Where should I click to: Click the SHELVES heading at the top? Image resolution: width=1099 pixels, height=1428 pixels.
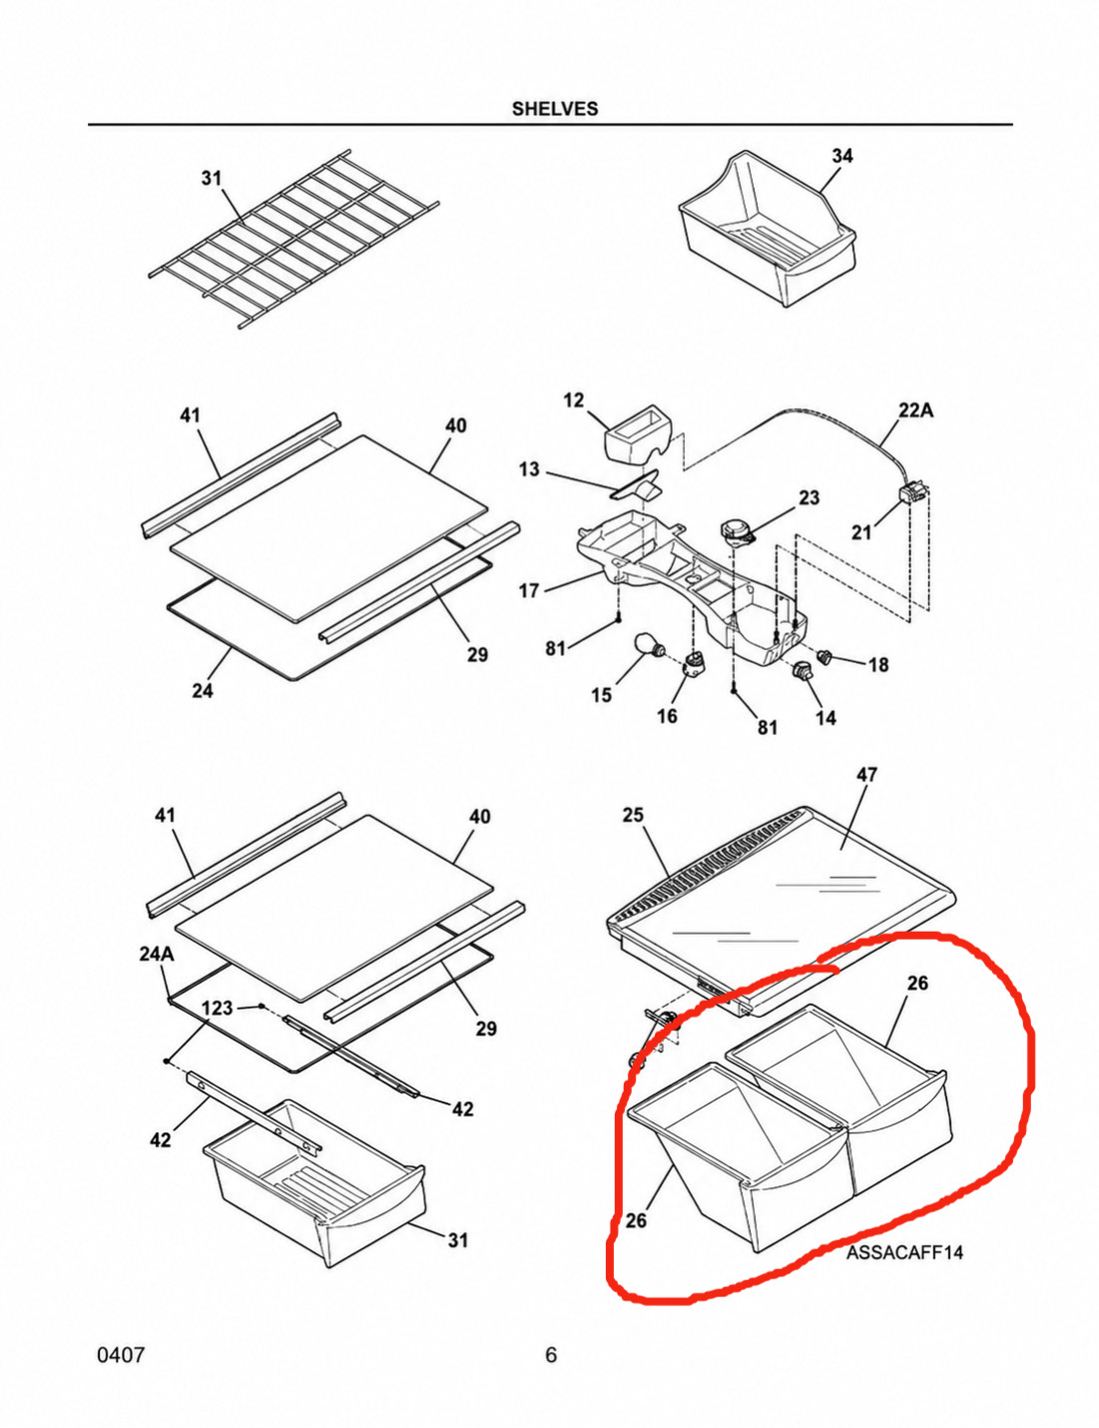click(x=555, y=109)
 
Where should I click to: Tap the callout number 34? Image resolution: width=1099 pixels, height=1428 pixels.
click(x=842, y=156)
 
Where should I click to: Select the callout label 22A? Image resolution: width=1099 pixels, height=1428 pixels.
click(x=915, y=410)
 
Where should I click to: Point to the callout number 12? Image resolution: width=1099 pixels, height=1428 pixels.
click(x=574, y=400)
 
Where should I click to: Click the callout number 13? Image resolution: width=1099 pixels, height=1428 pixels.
click(x=529, y=469)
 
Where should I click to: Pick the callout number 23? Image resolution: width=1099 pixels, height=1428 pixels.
click(x=809, y=497)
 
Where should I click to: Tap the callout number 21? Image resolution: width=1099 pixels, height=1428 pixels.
click(x=861, y=532)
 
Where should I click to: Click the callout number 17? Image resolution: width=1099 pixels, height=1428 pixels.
click(x=529, y=591)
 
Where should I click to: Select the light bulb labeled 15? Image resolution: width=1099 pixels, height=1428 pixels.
click(x=647, y=645)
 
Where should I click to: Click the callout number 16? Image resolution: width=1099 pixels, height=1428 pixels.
click(x=667, y=716)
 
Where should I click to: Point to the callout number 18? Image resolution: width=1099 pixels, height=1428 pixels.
click(x=878, y=664)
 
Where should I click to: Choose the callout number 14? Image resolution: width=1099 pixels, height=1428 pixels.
click(x=825, y=718)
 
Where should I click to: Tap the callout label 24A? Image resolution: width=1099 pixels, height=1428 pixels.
click(x=157, y=954)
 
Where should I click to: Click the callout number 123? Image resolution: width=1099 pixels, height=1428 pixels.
click(x=217, y=1008)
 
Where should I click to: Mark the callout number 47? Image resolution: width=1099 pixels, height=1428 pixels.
click(x=866, y=775)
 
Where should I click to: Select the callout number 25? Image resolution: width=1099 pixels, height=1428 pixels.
click(x=633, y=815)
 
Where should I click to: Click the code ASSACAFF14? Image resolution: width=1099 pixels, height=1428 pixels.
click(x=904, y=1252)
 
